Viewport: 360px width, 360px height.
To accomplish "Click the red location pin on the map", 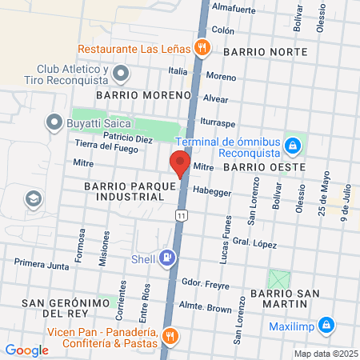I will tap(180, 163).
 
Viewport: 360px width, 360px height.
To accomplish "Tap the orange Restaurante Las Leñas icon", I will tap(202, 46).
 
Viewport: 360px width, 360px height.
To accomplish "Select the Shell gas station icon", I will tap(166, 258).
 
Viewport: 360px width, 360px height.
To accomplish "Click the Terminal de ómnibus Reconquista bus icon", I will tap(293, 146).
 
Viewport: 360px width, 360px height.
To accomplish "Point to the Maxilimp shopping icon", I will tap(326, 325).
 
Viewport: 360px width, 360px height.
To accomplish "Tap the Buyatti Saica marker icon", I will tap(54, 122).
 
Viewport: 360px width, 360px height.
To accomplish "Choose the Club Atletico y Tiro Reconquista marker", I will tap(121, 74).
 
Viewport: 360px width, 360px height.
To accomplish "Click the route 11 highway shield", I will tap(183, 216).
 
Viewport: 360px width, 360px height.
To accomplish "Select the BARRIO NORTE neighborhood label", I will tap(265, 51).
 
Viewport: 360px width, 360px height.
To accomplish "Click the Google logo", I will tap(27, 350).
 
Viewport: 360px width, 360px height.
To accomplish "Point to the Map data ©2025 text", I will tap(324, 354).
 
